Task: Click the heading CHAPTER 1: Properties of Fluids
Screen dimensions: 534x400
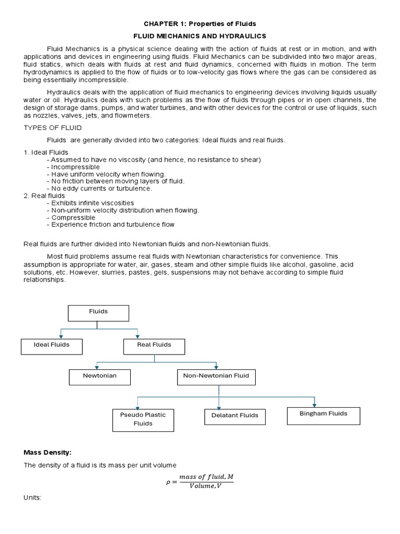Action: point(200,24)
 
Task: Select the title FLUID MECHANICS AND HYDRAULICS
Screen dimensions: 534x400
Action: point(200,36)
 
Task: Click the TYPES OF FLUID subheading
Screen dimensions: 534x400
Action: point(53,128)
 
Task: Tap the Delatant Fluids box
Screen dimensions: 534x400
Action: point(234,416)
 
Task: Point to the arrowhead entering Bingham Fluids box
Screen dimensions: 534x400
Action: point(315,405)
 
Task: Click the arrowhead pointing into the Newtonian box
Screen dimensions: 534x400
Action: point(97,367)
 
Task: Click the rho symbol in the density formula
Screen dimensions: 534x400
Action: point(168,482)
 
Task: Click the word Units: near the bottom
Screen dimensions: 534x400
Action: point(32,498)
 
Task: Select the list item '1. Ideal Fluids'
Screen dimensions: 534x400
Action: point(46,152)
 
